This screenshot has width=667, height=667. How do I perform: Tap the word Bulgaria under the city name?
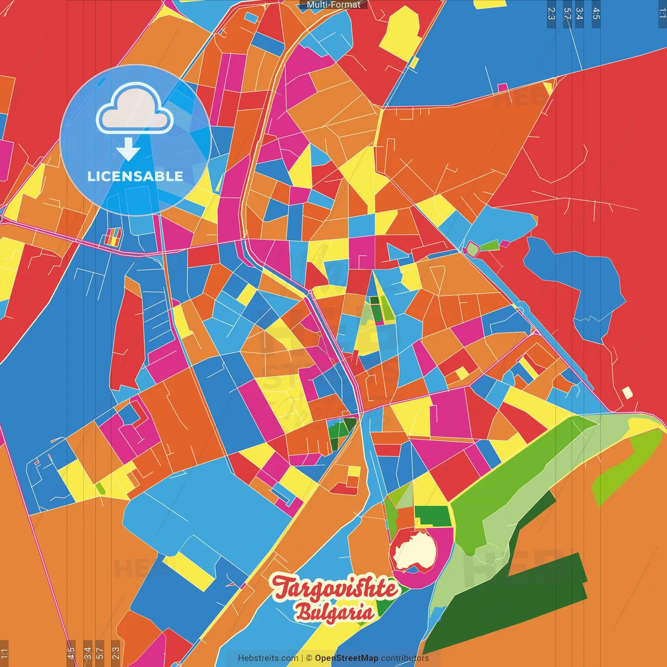pyautogui.click(x=335, y=613)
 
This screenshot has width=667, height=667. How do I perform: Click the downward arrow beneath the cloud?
pyautogui.click(x=128, y=150)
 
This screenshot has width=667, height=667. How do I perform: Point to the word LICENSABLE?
pyautogui.click(x=135, y=176)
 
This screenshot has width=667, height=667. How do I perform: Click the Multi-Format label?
pyautogui.click(x=333, y=5)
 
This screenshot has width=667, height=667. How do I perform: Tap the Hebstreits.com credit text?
pyautogui.click(x=268, y=658)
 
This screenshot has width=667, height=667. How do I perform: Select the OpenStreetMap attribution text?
pyautogui.click(x=346, y=658)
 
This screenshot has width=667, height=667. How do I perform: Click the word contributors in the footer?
pyautogui.click(x=405, y=658)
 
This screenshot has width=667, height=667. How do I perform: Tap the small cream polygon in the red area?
pyautogui.click(x=627, y=393)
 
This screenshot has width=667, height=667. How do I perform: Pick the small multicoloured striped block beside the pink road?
pyautogui.click(x=113, y=237)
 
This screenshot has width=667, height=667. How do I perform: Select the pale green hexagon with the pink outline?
pyautogui.click(x=472, y=249)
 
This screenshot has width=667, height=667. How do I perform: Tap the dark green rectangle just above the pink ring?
pyautogui.click(x=432, y=516)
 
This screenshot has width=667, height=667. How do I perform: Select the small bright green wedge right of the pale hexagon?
pyautogui.click(x=489, y=245)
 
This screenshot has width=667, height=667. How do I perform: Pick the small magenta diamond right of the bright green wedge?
pyautogui.click(x=505, y=243)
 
